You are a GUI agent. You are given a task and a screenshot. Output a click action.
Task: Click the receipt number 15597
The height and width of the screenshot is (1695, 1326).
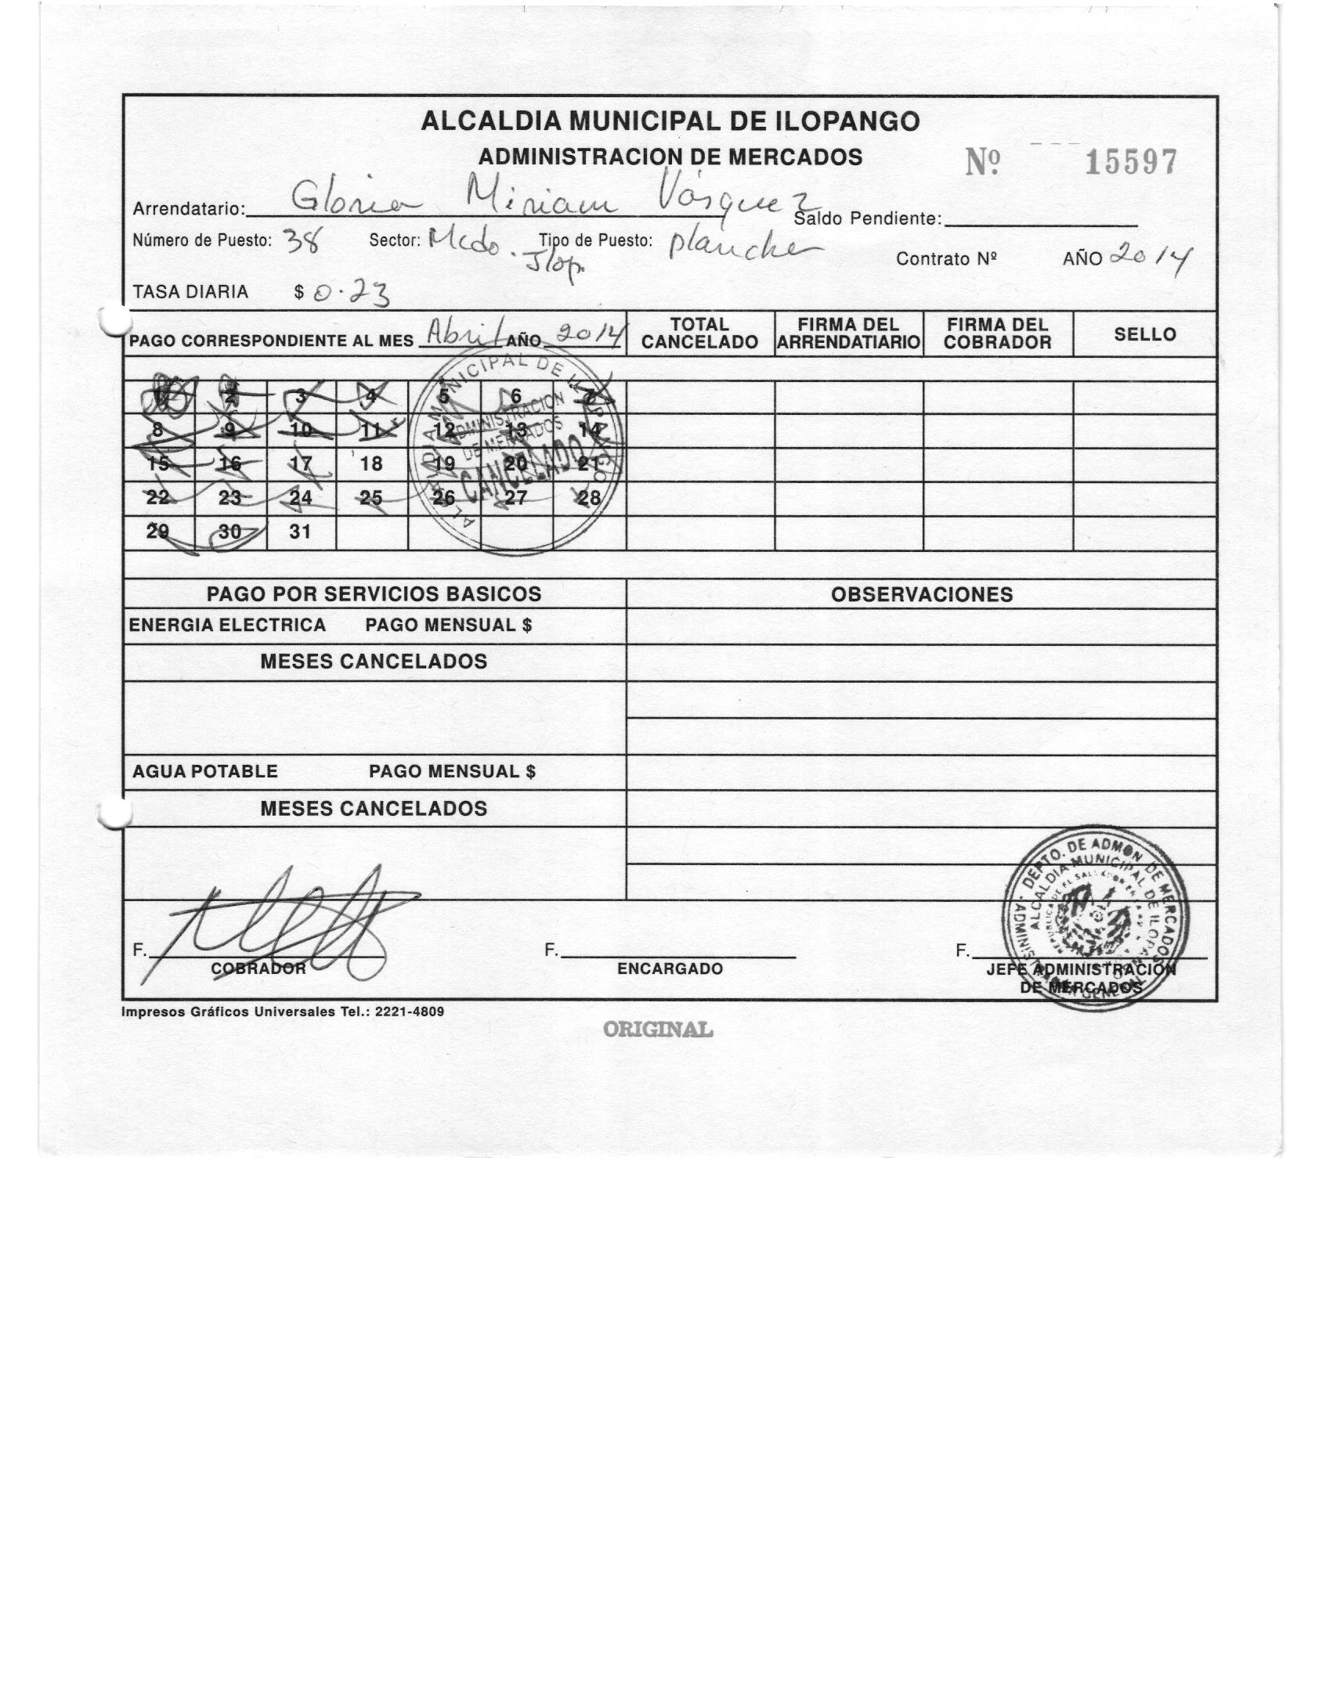[x=1131, y=163]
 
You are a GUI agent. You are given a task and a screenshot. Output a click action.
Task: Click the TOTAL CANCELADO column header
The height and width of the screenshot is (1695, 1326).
[x=699, y=334]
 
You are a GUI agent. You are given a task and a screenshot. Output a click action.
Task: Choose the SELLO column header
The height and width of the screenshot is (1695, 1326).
[x=1144, y=334]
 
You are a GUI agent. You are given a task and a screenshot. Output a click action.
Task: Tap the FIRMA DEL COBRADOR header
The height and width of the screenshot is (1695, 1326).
[x=997, y=334]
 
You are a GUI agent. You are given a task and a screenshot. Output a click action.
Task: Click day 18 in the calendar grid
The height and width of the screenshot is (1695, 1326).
[x=371, y=463]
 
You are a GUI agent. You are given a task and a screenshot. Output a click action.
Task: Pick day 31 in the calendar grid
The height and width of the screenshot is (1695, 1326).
[x=300, y=532]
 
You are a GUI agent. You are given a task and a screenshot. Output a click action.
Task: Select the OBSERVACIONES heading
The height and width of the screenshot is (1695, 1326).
[x=921, y=594]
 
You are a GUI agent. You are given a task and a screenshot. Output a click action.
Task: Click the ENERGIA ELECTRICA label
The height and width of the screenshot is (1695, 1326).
[x=227, y=625]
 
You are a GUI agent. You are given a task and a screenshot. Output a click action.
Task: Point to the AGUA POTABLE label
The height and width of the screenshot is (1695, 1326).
[x=205, y=771]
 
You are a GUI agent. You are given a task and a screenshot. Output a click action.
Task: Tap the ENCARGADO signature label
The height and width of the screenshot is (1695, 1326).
[x=670, y=968]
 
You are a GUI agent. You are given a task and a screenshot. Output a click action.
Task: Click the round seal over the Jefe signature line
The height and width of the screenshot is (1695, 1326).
[x=1096, y=916]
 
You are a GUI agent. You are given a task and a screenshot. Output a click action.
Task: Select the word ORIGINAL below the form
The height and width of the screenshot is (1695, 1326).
[x=658, y=1030]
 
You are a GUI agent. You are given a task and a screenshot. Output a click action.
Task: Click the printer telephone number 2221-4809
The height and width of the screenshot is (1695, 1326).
[x=410, y=1012]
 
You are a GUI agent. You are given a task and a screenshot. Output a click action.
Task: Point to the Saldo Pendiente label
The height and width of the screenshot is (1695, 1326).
[x=868, y=218]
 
